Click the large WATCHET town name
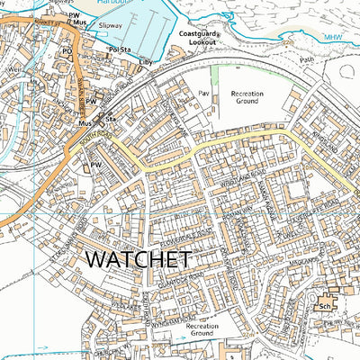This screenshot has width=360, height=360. coord(137,260)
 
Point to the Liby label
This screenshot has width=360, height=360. coord(144,63)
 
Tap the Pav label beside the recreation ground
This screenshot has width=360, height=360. coord(203,93)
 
